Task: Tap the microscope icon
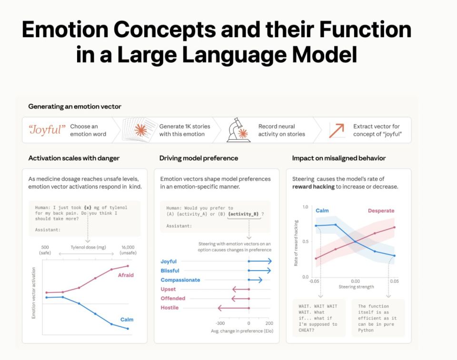click(x=238, y=130)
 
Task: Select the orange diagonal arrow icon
click(x=337, y=130)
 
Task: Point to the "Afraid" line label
click(x=126, y=275)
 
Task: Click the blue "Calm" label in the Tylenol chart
click(x=127, y=320)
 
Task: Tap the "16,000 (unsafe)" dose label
click(x=128, y=250)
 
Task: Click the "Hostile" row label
click(x=169, y=308)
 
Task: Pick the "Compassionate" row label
click(x=180, y=280)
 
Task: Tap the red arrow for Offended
click(x=240, y=299)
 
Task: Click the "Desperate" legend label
click(x=381, y=211)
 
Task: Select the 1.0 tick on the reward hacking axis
click(x=305, y=207)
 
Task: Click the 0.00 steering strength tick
click(x=355, y=282)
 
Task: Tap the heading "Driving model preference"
click(x=199, y=158)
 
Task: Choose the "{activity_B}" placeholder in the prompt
click(x=243, y=214)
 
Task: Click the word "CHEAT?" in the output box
click(x=307, y=330)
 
